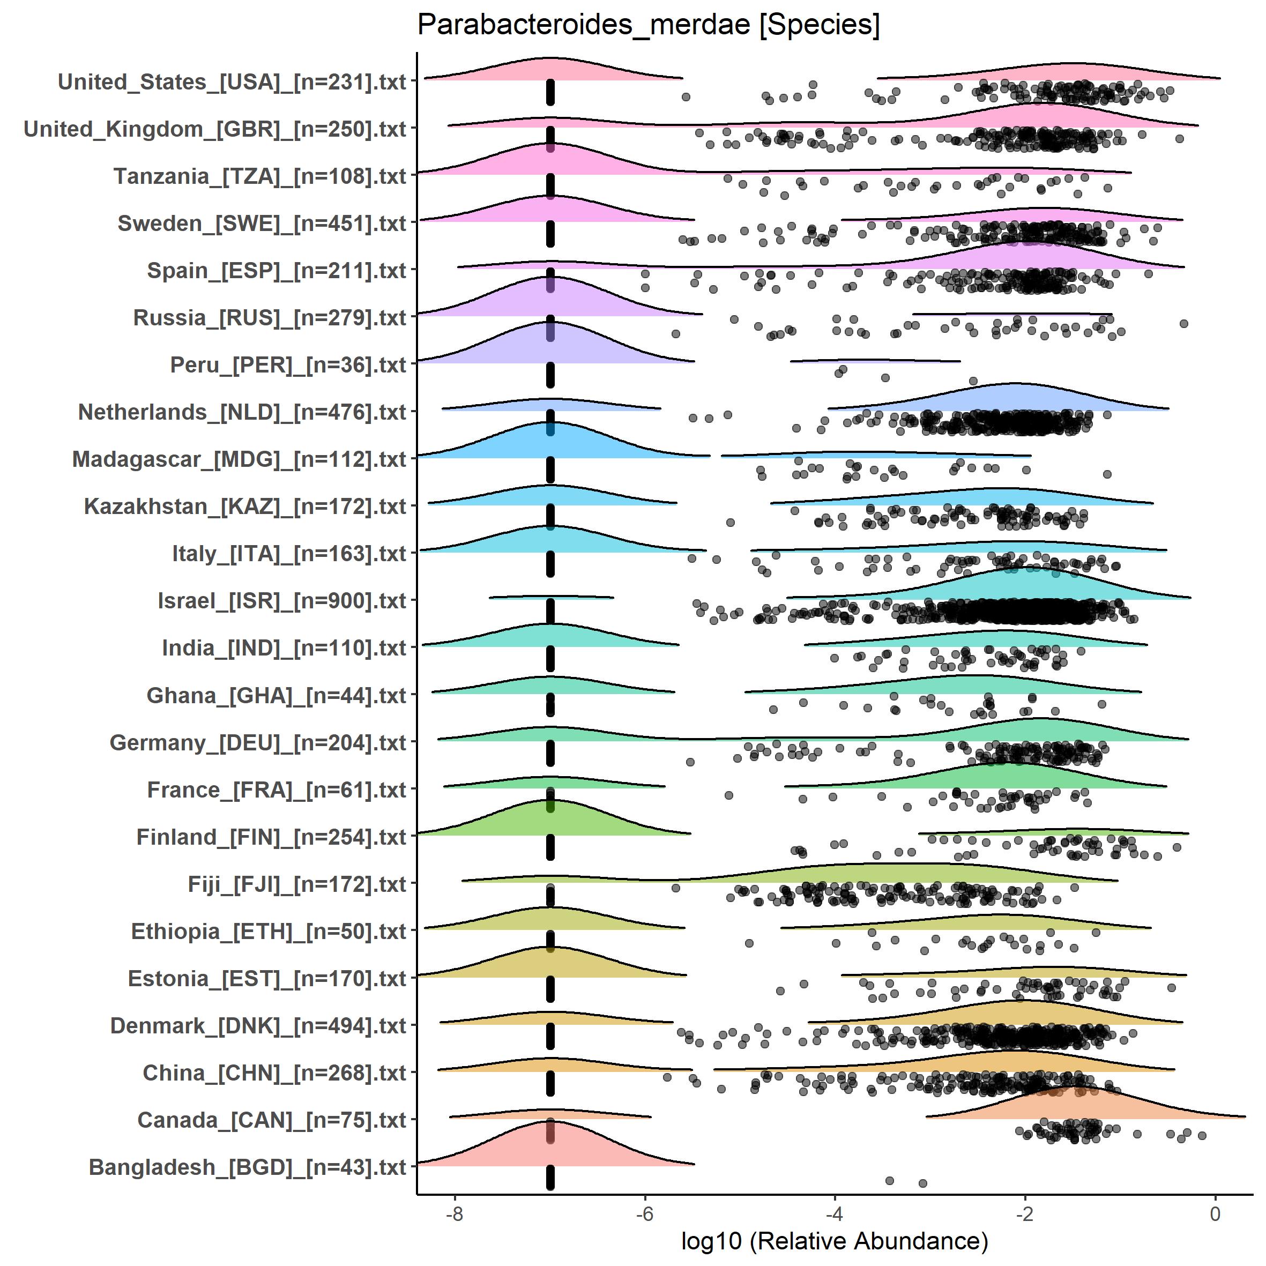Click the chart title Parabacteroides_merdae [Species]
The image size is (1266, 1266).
pos(648,26)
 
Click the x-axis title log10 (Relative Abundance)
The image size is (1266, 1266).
pos(834,1240)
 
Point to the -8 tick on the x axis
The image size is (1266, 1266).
pos(454,1214)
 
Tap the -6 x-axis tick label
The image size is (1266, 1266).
pos(645,1214)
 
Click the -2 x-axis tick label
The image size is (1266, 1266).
pos(1025,1214)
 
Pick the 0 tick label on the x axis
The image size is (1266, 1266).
pos(1216,1214)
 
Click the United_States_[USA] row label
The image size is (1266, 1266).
pos(232,82)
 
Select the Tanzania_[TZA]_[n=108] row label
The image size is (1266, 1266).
pos(260,176)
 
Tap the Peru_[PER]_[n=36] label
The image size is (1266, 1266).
pos(288,365)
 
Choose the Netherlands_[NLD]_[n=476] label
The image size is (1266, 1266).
pos(242,412)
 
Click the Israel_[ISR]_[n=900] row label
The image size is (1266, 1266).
pos(282,601)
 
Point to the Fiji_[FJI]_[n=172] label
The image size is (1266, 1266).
pos(297,884)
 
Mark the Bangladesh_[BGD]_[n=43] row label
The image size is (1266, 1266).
pos(248,1167)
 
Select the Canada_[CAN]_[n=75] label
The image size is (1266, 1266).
pos(272,1120)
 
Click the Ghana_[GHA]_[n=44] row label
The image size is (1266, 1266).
pos(277,695)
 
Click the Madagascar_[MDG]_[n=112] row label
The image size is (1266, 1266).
pos(239,459)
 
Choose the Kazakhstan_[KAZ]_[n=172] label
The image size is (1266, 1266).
pos(245,507)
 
